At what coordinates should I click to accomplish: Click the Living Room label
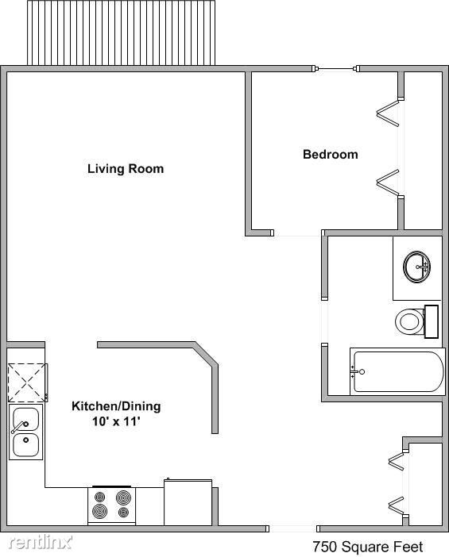coord(126,168)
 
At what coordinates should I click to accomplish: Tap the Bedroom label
coord(330,154)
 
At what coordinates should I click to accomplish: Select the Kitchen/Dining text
coord(116,406)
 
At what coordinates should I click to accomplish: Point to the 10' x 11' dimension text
coord(116,422)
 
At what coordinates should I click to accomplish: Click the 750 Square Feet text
coord(367,547)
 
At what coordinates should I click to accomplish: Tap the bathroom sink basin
coord(416,267)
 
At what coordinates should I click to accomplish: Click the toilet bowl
coord(409,321)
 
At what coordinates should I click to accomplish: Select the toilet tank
coord(432,321)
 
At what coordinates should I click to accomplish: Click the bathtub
coord(397,371)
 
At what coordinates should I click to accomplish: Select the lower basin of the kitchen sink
coord(25,444)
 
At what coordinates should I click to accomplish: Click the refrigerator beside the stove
coord(188,501)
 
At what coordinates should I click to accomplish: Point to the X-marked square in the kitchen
coord(27,382)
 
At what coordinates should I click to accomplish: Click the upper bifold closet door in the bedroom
coord(386,113)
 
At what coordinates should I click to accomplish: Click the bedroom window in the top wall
coord(335,70)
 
